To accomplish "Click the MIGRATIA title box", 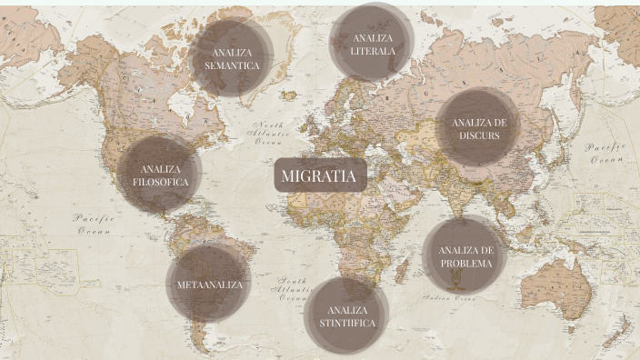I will tap(319, 176).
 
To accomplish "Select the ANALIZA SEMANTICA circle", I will tap(232, 58).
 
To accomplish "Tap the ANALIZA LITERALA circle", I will tap(372, 44).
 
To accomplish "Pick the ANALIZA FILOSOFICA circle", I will tap(160, 175).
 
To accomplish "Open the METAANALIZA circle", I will tap(209, 285).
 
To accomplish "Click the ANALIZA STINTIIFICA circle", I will tap(346, 316).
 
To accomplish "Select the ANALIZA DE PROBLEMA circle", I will tap(465, 256).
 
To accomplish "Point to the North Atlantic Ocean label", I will tap(269, 133).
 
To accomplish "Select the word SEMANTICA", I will tap(232, 65).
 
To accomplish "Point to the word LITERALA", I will tap(372, 51).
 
